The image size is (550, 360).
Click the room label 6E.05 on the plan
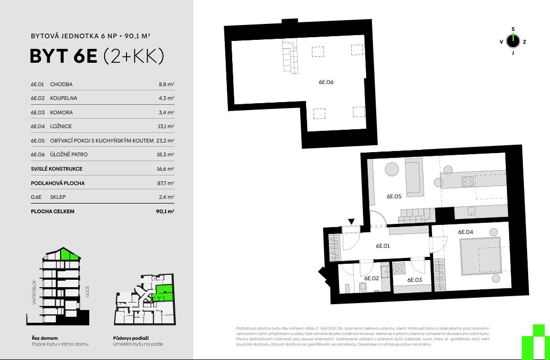point(394,197)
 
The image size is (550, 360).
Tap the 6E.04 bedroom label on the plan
point(466,232)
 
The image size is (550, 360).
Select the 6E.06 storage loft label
point(326,82)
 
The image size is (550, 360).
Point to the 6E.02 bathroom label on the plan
point(371,278)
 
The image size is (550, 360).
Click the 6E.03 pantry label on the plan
point(414,280)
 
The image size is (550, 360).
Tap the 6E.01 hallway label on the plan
point(383,246)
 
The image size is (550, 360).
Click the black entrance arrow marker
point(351,221)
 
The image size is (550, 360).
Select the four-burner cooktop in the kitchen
point(468,181)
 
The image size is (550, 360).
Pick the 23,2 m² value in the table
point(165,141)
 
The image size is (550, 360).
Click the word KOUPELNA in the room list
point(63,98)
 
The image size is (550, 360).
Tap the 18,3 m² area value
point(166,154)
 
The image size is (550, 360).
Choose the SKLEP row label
point(58,197)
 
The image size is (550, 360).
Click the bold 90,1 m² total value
point(165,211)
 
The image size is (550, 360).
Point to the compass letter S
point(513,29)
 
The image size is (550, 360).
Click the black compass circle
point(513,41)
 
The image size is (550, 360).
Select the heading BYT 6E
point(63,56)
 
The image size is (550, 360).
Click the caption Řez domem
point(45,338)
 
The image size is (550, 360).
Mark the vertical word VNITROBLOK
point(34,292)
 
